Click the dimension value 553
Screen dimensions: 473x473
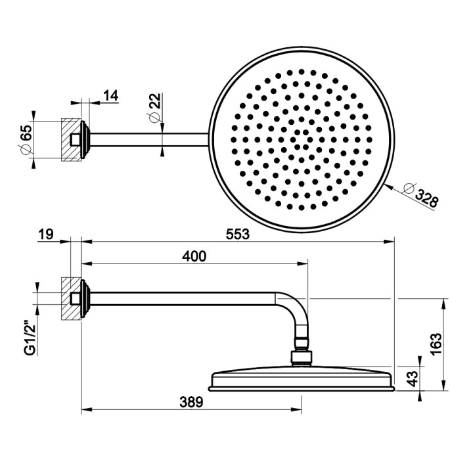[x=237, y=234]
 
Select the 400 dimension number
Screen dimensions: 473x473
[x=194, y=256]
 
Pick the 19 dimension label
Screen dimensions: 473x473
[x=46, y=234]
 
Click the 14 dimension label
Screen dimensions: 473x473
[x=110, y=95]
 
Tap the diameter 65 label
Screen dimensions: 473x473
[x=27, y=139]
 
